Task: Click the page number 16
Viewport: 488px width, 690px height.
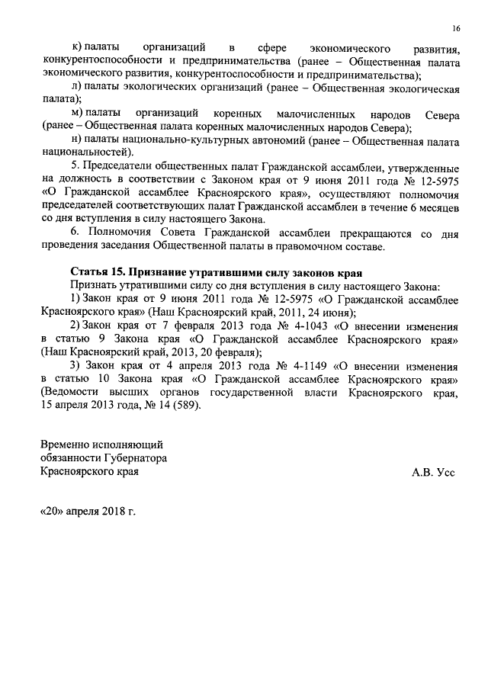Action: coord(455,28)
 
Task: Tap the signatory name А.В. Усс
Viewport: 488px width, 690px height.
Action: coord(433,473)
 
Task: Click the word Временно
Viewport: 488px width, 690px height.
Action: coord(66,444)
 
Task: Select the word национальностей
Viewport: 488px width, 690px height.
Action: coord(79,154)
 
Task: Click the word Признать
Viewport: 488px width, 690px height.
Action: coord(92,286)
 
